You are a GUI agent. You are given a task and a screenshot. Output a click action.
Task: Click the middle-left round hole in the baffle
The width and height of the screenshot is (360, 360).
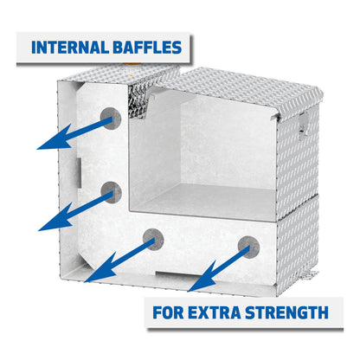(110, 191)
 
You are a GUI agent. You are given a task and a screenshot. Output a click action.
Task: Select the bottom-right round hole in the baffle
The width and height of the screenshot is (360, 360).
(248, 245)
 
